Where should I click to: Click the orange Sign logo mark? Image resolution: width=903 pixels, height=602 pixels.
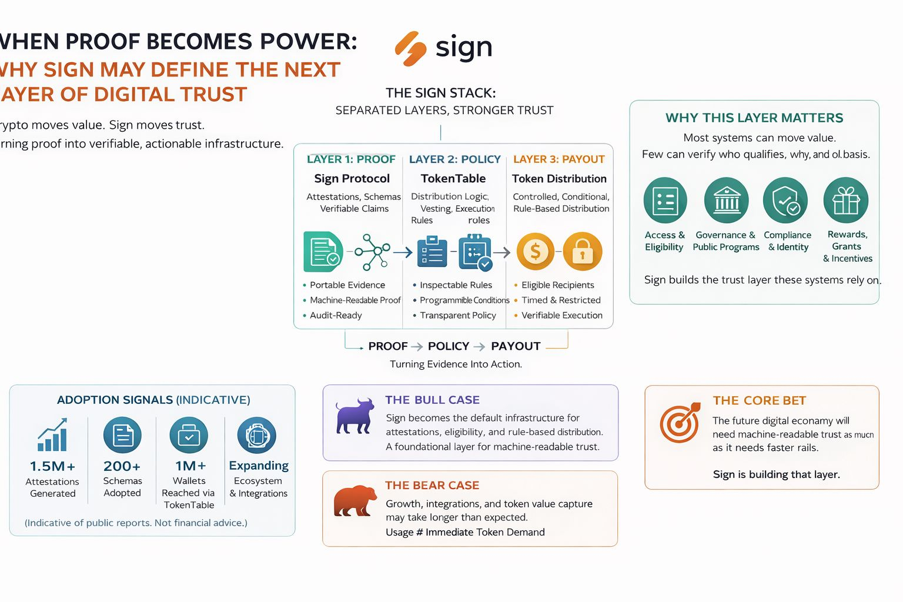click(410, 48)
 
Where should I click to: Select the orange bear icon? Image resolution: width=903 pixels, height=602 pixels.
click(354, 501)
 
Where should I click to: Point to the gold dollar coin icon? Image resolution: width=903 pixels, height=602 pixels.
click(535, 252)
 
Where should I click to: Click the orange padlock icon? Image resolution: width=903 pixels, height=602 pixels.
click(582, 252)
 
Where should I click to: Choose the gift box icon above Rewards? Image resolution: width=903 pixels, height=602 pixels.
click(845, 200)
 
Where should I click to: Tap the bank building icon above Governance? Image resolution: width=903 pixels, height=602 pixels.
click(726, 200)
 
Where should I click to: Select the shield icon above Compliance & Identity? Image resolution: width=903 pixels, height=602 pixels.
click(785, 200)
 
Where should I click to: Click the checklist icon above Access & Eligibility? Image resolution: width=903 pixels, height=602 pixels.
click(665, 200)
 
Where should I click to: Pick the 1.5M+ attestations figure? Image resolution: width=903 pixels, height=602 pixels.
click(52, 466)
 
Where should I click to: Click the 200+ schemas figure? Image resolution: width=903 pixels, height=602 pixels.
click(122, 466)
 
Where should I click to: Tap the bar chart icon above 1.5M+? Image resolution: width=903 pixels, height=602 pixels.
click(52, 435)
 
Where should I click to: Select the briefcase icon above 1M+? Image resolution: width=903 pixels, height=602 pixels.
click(189, 436)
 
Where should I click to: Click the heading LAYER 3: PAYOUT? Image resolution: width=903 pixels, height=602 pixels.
click(558, 159)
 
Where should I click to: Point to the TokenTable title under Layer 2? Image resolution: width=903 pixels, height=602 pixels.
click(453, 178)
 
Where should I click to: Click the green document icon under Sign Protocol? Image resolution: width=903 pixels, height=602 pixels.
click(323, 252)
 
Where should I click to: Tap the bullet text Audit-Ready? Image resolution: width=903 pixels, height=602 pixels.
click(336, 315)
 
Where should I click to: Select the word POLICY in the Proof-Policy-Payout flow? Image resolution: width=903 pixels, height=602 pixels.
click(448, 346)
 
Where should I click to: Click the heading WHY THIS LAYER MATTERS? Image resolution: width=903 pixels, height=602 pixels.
click(754, 118)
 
